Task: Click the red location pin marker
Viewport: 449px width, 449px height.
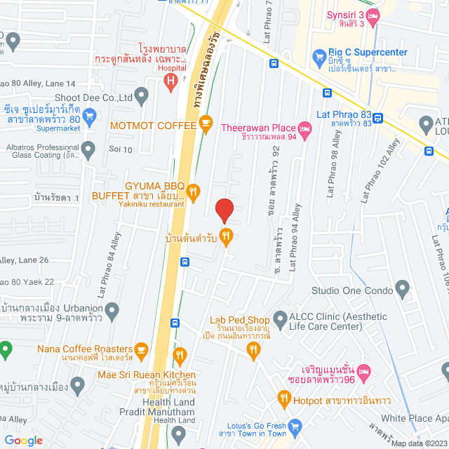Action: (x=224, y=210)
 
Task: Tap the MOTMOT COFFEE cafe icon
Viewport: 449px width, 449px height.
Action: (x=205, y=125)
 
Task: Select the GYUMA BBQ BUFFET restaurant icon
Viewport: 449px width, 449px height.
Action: (x=194, y=189)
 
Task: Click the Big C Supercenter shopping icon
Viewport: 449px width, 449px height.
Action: (x=320, y=54)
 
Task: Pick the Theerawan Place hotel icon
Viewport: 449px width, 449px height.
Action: (x=304, y=128)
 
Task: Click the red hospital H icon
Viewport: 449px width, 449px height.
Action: (x=170, y=81)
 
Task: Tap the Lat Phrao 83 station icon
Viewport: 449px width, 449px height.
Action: (x=378, y=118)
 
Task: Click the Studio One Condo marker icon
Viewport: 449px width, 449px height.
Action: (x=402, y=288)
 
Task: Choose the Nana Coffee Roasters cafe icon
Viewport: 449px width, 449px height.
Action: (x=141, y=349)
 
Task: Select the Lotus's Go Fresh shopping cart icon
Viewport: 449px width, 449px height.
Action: (x=295, y=425)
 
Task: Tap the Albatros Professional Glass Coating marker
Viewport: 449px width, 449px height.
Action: (x=88, y=149)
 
